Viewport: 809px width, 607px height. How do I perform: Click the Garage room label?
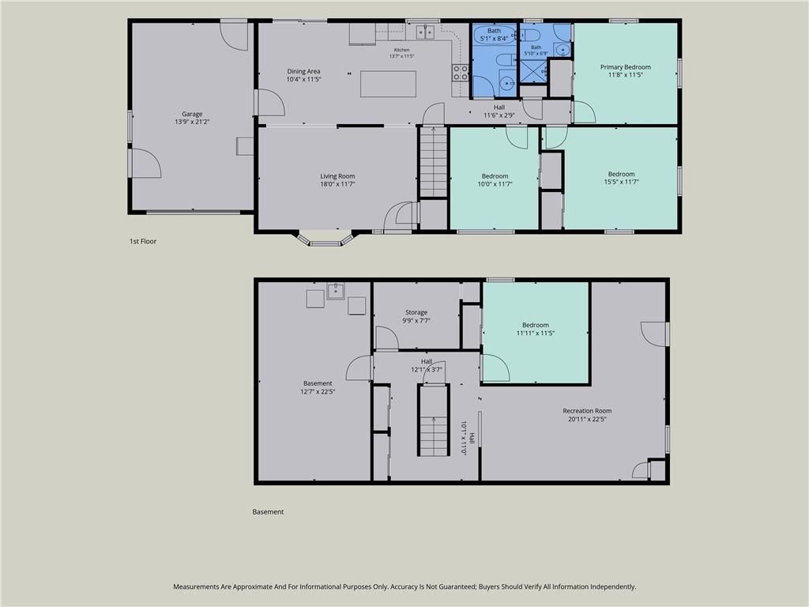[x=192, y=114]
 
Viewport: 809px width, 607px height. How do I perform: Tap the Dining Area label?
[x=304, y=71]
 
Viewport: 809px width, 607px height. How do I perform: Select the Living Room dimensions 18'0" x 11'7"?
[x=337, y=183]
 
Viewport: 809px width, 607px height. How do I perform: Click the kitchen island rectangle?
[x=388, y=84]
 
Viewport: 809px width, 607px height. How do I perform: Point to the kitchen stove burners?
[x=461, y=73]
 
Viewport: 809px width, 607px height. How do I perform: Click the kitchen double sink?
[x=426, y=32]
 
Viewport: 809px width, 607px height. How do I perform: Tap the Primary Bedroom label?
[x=626, y=67]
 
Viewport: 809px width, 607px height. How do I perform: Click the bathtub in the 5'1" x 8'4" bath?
[x=495, y=35]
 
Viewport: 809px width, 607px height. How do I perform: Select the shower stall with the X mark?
[x=533, y=72]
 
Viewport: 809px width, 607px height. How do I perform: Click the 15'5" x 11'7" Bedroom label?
[x=621, y=174]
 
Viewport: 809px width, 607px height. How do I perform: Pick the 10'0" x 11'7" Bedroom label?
[x=495, y=176]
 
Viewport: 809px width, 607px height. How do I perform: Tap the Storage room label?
[x=416, y=312]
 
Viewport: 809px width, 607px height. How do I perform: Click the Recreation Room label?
[x=587, y=411]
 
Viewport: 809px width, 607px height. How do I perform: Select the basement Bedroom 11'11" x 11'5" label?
[x=536, y=325]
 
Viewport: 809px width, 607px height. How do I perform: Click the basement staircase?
[x=434, y=420]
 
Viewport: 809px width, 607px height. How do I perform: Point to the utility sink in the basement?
[x=336, y=291]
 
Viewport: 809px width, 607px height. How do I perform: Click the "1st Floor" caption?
[x=143, y=241]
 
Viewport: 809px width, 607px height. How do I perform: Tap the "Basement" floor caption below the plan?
[x=268, y=512]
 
